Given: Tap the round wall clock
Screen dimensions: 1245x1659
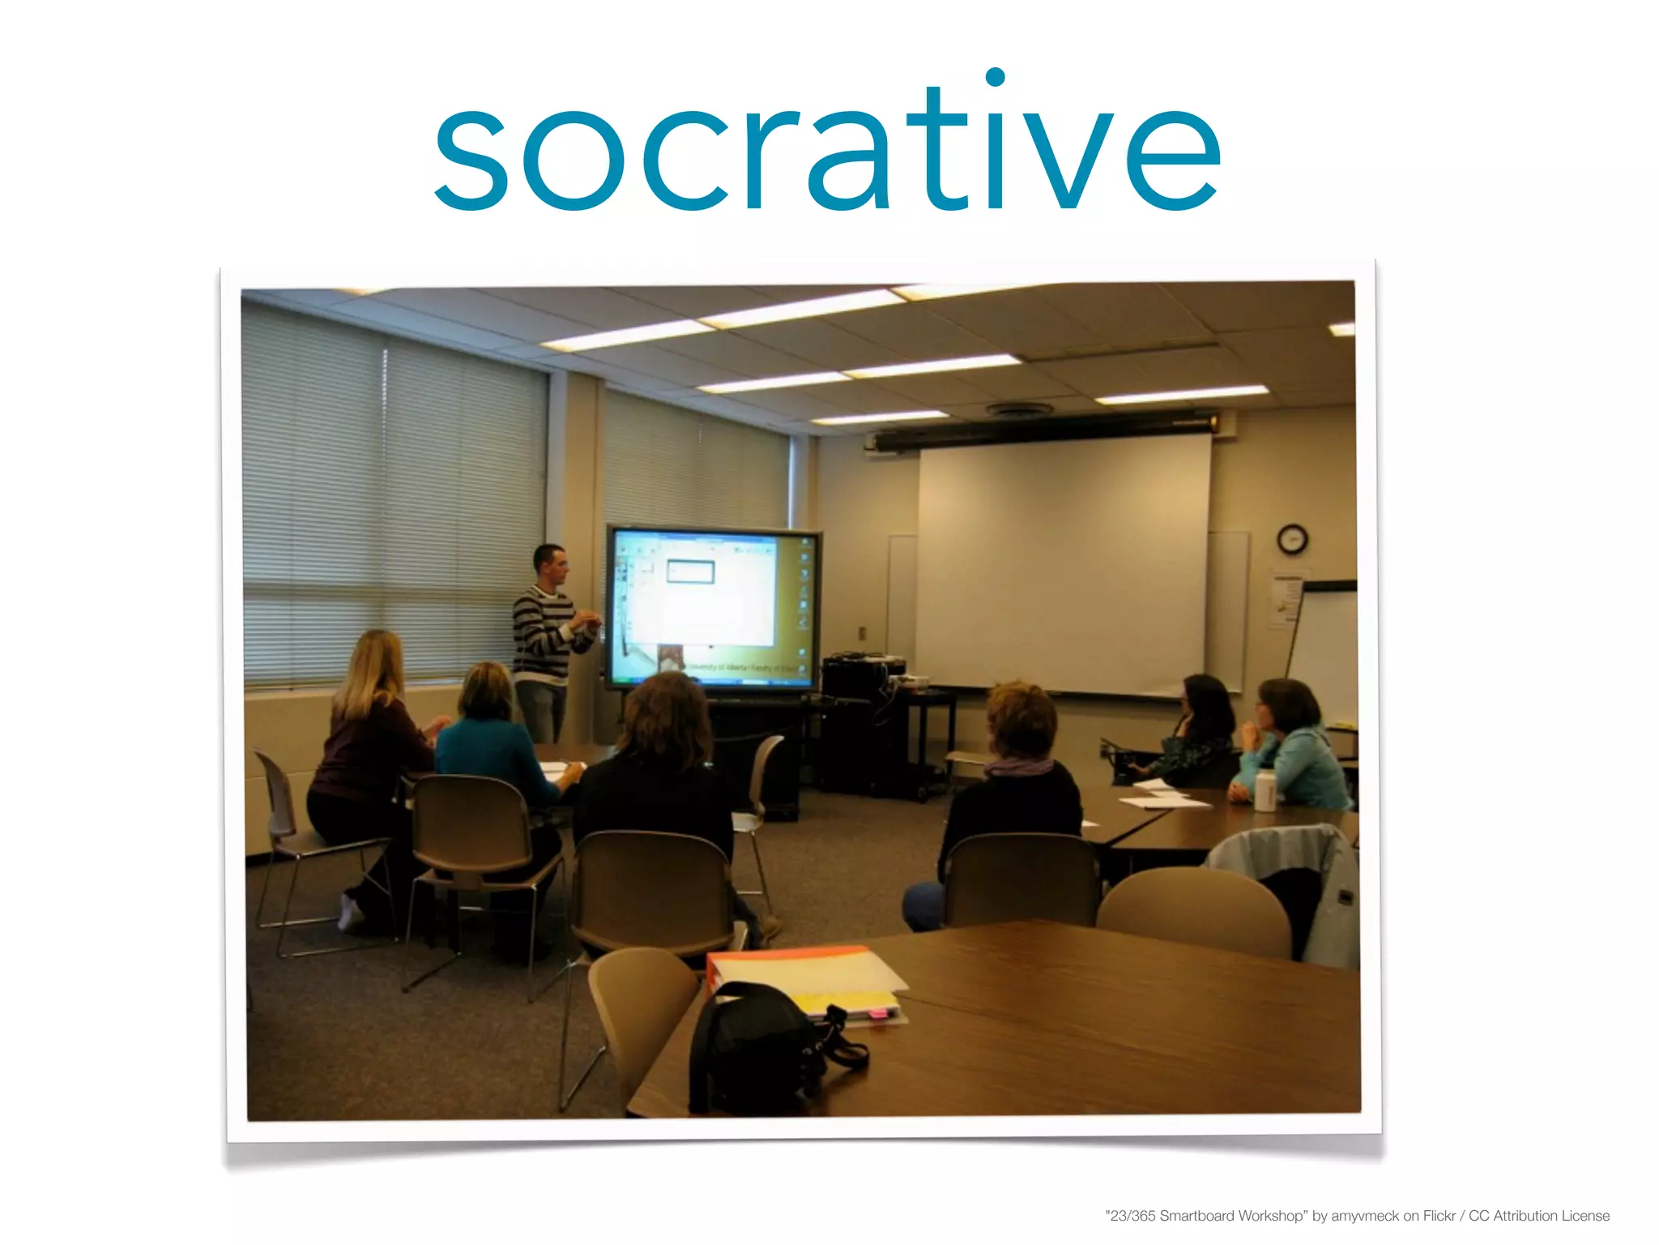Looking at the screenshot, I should click(1292, 539).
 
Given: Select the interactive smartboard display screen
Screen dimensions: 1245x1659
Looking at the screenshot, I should click(713, 608).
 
